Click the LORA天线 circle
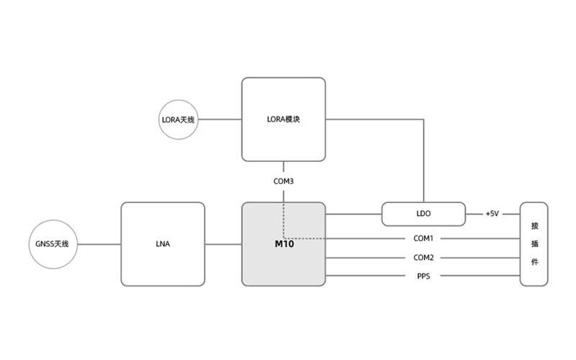[178, 120]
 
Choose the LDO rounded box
[423, 214]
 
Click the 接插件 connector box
[534, 244]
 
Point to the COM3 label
[283, 181]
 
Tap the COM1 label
[423, 238]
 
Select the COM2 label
[423, 258]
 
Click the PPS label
[423, 276]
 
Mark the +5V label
[492, 214]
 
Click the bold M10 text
[284, 244]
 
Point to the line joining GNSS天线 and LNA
[99, 244]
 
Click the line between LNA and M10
[222, 244]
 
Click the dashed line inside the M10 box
[283, 220]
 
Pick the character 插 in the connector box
[534, 243]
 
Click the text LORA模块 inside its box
[283, 120]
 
